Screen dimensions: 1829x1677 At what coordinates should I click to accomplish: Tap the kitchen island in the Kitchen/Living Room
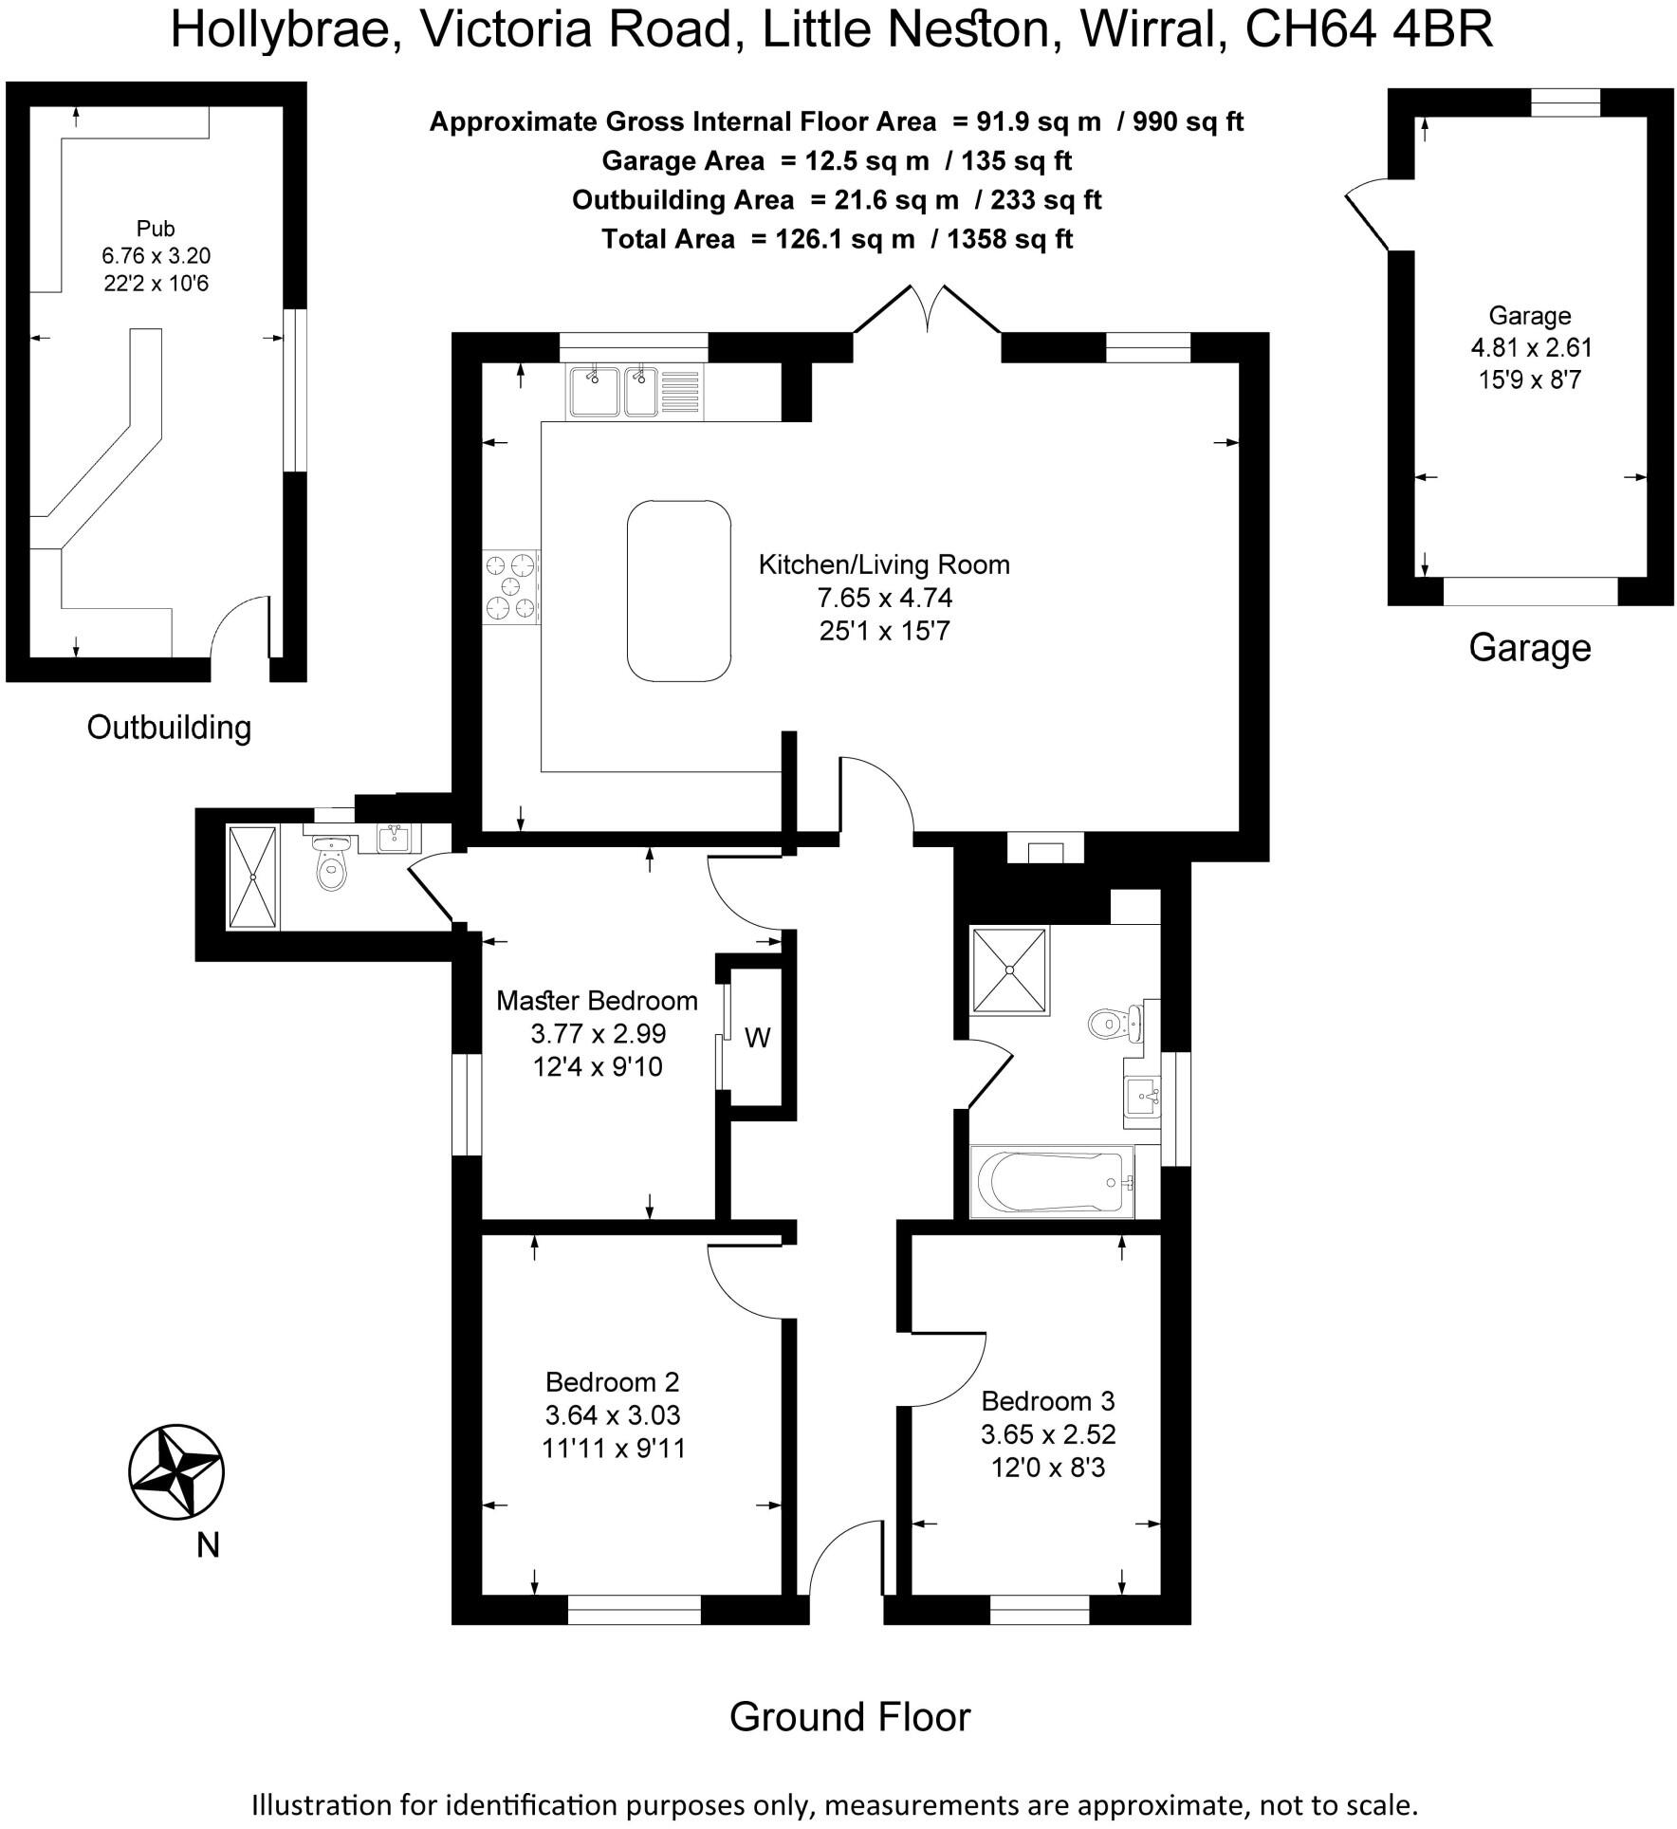pyautogui.click(x=678, y=590)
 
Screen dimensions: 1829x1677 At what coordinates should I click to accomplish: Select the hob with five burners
pyautogui.click(x=511, y=587)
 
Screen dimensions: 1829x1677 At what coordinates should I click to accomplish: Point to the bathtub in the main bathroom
pyautogui.click(x=1051, y=1182)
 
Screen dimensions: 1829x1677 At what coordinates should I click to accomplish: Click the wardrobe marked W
pyautogui.click(x=757, y=1038)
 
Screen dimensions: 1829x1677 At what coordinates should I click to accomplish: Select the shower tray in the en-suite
pyautogui.click(x=252, y=878)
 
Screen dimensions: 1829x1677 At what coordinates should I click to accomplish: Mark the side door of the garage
pyautogui.click(x=1367, y=220)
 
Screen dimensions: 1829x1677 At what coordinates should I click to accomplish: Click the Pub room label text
pyautogui.click(x=156, y=229)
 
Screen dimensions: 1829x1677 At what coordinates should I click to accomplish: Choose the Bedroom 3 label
pyautogui.click(x=1047, y=1400)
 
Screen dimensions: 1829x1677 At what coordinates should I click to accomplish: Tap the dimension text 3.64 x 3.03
pyautogui.click(x=612, y=1414)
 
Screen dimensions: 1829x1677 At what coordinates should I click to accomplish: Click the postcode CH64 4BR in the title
pyautogui.click(x=1368, y=30)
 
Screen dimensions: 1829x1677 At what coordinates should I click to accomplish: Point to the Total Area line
pyautogui.click(x=837, y=239)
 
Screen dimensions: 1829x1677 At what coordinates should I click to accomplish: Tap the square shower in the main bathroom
pyautogui.click(x=1009, y=970)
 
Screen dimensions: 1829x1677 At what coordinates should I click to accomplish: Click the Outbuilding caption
pyautogui.click(x=169, y=728)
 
